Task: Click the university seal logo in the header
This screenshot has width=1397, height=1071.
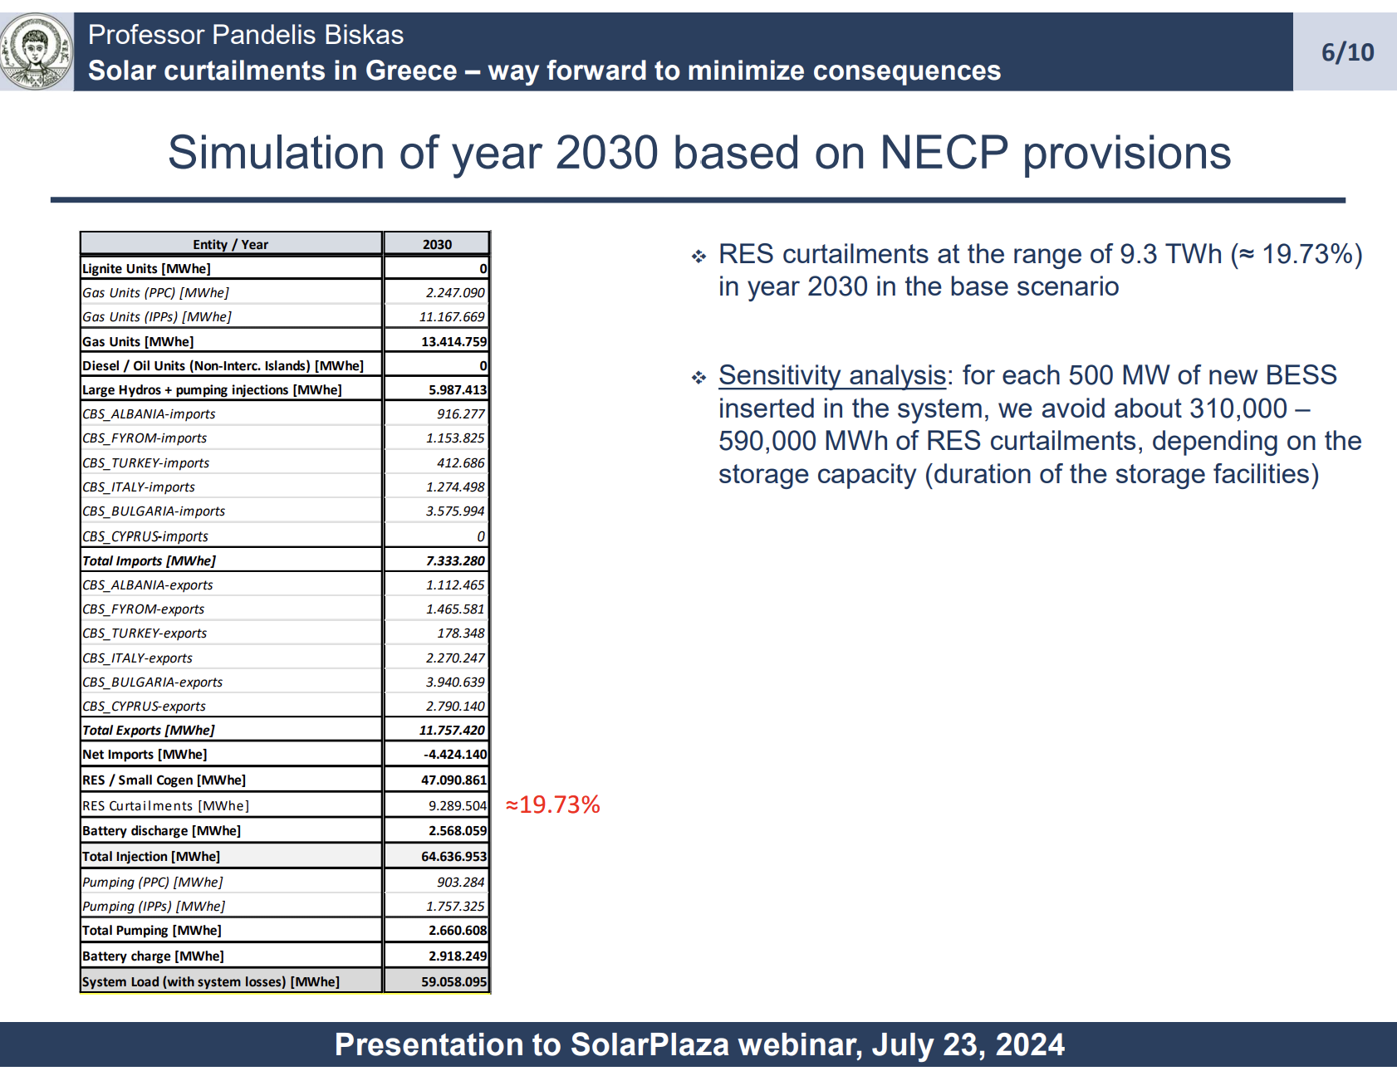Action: (36, 51)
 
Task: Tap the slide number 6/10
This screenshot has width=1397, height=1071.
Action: (1347, 52)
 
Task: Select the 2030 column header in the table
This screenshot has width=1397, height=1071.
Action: (437, 244)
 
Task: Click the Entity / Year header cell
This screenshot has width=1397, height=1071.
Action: (230, 244)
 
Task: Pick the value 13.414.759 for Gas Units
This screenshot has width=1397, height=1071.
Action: (453, 341)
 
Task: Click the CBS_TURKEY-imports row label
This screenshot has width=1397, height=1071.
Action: (145, 462)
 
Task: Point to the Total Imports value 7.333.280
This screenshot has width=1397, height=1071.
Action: (455, 560)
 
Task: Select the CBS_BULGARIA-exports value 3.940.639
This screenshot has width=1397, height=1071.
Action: (455, 682)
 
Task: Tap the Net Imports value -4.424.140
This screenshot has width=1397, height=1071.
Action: (455, 754)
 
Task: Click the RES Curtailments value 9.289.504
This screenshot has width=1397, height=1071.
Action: (458, 805)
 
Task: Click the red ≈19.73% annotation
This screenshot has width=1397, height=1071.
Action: (552, 804)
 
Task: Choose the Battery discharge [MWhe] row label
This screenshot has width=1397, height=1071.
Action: (161, 830)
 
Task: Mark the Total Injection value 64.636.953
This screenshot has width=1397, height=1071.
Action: (453, 856)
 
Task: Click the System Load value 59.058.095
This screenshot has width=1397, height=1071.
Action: (453, 981)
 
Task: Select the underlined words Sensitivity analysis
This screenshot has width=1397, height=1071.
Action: (832, 375)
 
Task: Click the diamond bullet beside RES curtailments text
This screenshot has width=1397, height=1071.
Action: (698, 257)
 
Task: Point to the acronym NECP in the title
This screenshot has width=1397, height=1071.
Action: (944, 153)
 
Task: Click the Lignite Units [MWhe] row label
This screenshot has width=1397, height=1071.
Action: (146, 268)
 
